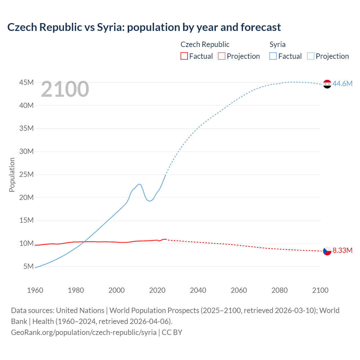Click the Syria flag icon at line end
[x=327, y=84]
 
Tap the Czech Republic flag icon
[x=327, y=251]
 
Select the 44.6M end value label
[x=342, y=84]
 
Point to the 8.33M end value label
[x=342, y=250]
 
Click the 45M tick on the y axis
[x=26, y=83]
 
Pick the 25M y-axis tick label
[x=26, y=175]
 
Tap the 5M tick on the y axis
[x=28, y=266]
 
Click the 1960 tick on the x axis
[x=35, y=290]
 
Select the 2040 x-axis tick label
[x=198, y=290]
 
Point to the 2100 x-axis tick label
[x=320, y=290]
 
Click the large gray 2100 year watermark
[x=65, y=89]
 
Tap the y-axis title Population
[x=12, y=175]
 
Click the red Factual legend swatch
[x=184, y=56]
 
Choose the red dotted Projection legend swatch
[x=221, y=56]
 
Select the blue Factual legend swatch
[x=273, y=56]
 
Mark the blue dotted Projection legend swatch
[x=310, y=56]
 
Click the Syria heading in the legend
[x=277, y=44]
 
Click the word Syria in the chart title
[x=110, y=27]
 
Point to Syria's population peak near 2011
[x=139, y=184]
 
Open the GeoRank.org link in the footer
[x=84, y=332]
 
